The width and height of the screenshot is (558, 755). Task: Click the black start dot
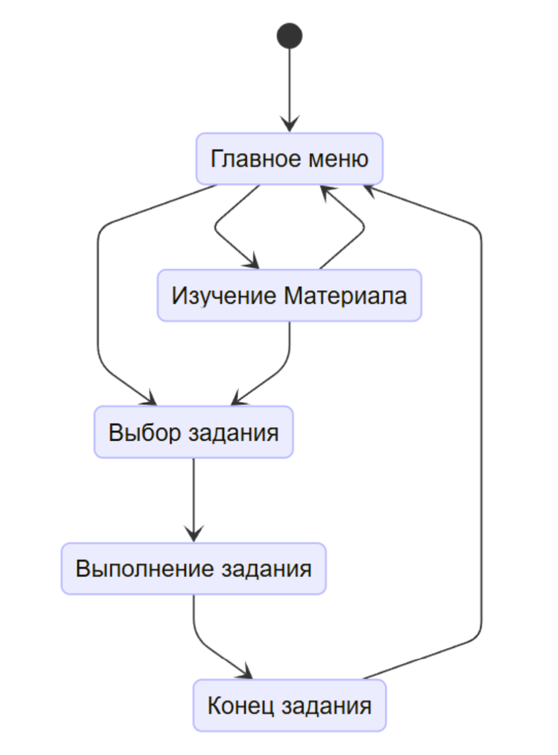289,36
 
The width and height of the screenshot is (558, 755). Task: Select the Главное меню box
289,159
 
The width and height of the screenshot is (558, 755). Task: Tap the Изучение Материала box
289,296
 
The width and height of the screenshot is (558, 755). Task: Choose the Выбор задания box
193,432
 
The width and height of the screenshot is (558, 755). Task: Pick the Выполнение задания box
193,569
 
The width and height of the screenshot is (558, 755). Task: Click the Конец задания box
289,706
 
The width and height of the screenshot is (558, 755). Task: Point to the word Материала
345,296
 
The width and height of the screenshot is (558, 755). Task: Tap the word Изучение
224,296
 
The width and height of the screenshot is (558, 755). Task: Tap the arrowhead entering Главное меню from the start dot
289,125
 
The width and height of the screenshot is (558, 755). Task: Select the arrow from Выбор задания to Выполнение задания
193,498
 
